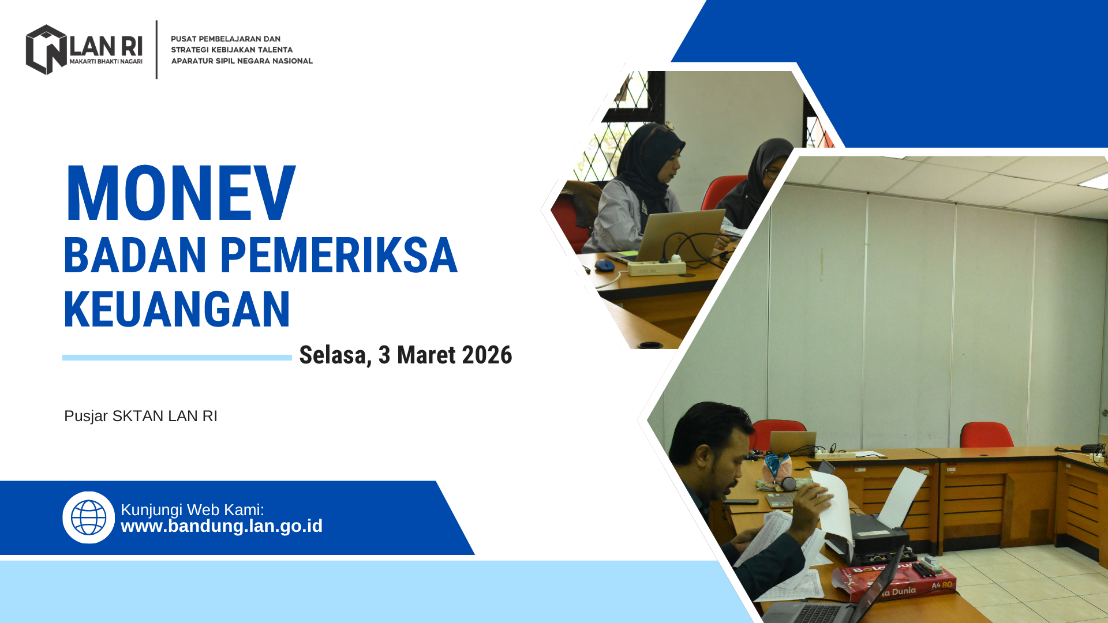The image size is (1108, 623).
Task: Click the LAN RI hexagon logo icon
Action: (x=46, y=50)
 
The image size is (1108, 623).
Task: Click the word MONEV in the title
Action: (x=181, y=193)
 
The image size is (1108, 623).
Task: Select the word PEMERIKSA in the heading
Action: (x=339, y=255)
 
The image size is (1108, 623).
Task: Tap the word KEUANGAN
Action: (x=177, y=310)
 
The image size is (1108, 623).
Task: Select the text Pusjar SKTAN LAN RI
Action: (x=141, y=416)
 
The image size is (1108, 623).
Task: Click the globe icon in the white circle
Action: (x=89, y=517)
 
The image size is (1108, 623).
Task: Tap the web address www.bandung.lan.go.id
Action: (x=222, y=526)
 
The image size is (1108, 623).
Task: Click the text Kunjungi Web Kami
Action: (x=192, y=510)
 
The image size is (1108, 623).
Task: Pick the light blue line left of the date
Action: (x=177, y=358)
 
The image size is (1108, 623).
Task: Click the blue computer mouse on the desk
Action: (x=604, y=265)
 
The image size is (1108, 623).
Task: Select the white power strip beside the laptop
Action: (x=657, y=268)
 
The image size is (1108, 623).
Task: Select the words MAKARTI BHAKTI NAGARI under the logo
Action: (x=106, y=61)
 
